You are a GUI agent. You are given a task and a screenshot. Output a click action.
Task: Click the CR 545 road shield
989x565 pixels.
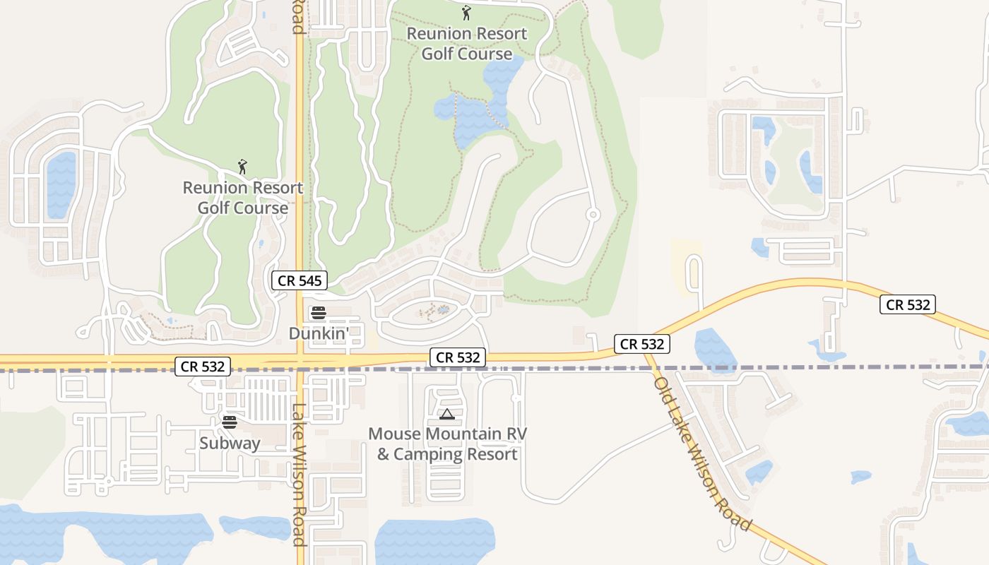(x=300, y=280)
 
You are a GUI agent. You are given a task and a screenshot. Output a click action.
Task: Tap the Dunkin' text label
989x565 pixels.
(x=318, y=332)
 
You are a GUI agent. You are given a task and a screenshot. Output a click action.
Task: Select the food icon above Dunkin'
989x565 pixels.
(x=318, y=312)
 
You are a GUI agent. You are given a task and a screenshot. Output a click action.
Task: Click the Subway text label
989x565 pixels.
(x=230, y=444)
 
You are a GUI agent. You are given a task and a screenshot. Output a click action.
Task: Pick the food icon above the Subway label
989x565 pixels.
(x=230, y=422)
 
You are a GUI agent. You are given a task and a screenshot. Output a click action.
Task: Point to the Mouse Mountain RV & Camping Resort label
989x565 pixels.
(x=447, y=444)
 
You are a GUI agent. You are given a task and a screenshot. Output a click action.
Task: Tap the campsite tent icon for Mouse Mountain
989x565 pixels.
(x=446, y=414)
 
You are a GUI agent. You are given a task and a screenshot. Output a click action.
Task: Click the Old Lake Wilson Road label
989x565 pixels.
(x=701, y=454)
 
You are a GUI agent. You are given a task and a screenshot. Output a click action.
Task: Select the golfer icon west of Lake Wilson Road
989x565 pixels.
(x=243, y=167)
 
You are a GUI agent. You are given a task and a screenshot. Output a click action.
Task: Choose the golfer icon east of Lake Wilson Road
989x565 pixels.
(x=466, y=13)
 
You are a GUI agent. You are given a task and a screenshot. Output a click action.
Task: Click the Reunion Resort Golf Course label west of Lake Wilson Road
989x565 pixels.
(x=243, y=198)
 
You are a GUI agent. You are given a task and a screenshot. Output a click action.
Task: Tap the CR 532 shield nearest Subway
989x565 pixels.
(x=203, y=367)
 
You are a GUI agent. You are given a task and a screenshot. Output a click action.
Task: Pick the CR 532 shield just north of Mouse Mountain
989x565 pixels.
(x=458, y=357)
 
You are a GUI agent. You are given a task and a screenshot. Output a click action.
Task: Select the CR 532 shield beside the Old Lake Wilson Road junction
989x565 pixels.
(x=641, y=344)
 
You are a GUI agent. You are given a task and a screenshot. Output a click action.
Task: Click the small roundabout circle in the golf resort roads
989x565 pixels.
(x=593, y=214)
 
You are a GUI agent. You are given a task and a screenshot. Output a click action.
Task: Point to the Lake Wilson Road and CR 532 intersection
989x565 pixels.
(x=300, y=362)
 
